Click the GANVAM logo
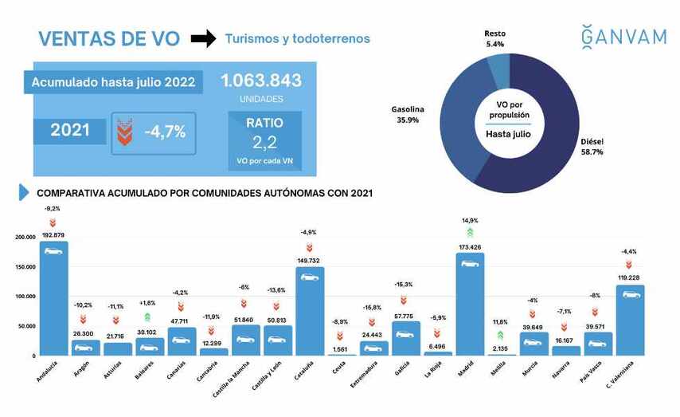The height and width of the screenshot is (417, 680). (x=623, y=37)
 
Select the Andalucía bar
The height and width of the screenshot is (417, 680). (x=53, y=298)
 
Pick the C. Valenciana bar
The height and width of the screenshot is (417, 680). (x=630, y=320)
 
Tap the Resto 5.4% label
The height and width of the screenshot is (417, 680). (x=494, y=39)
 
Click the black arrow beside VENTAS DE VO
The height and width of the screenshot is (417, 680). (x=204, y=38)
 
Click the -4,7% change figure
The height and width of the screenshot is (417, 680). (x=165, y=132)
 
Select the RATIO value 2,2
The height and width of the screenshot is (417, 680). (x=264, y=144)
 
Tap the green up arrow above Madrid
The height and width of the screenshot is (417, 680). (x=470, y=232)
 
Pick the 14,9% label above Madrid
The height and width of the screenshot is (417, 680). (x=470, y=220)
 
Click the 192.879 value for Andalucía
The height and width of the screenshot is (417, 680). (x=53, y=235)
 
